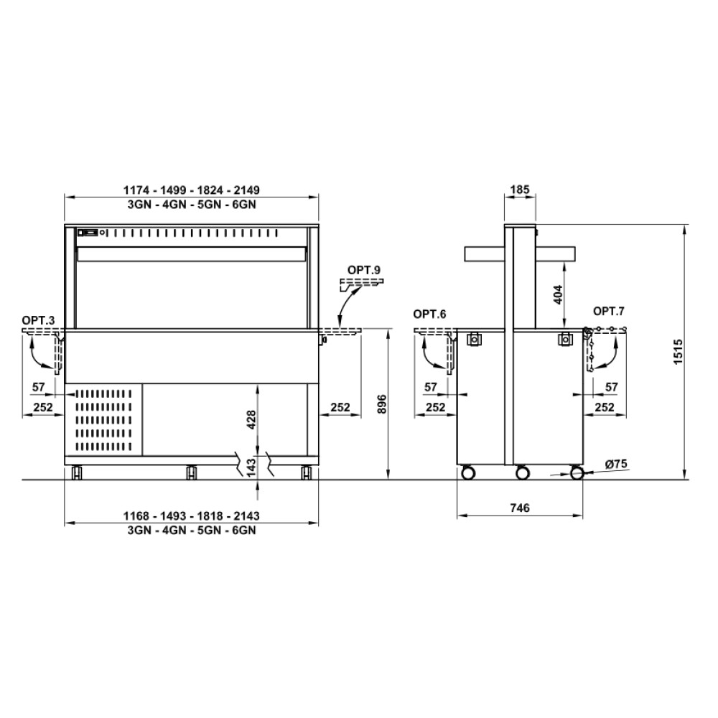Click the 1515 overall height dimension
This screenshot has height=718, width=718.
(x=679, y=352)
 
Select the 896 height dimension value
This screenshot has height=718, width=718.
(x=383, y=404)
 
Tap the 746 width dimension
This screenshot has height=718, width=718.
(x=520, y=508)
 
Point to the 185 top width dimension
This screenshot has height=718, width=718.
(x=520, y=189)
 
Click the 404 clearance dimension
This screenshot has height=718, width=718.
(x=558, y=294)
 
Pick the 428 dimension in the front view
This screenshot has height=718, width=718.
(x=251, y=419)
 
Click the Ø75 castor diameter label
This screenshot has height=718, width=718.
(x=616, y=464)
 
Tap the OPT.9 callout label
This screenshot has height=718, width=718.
(x=363, y=270)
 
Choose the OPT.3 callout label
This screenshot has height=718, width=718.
(x=38, y=320)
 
